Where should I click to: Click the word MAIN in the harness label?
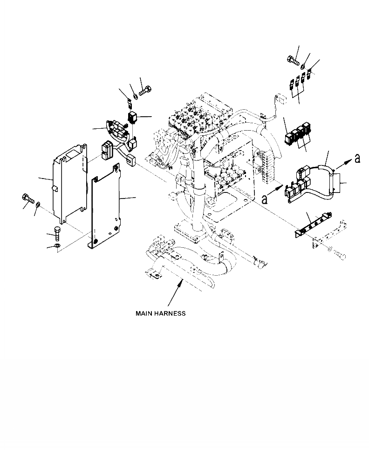144,313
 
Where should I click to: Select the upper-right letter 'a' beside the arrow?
357,158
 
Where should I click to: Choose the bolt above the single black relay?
143,90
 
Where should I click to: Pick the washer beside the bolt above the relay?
135,96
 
